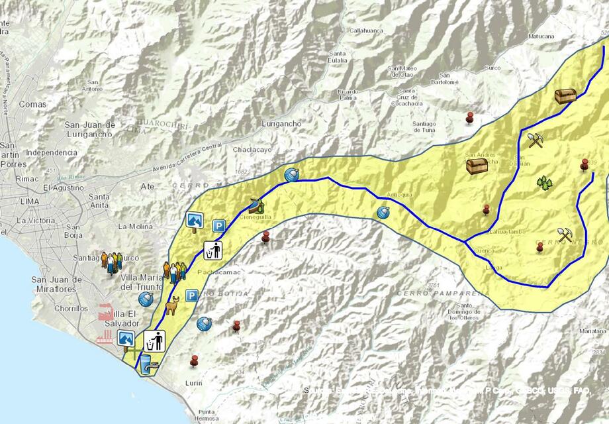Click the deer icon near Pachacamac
click(173, 306)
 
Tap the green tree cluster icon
click(544, 183)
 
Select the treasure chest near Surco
click(565, 97)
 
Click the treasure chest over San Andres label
click(477, 166)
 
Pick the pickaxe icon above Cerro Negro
click(565, 235)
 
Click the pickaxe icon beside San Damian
click(535, 140)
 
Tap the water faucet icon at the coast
click(146, 362)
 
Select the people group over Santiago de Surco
click(112, 260)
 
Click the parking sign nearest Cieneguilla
click(218, 227)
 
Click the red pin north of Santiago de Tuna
click(470, 117)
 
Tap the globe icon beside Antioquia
click(383, 212)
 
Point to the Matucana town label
click(541, 36)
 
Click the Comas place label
click(33, 105)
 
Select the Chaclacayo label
click(252, 150)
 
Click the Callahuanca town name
click(367, 30)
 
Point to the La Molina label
click(136, 226)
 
